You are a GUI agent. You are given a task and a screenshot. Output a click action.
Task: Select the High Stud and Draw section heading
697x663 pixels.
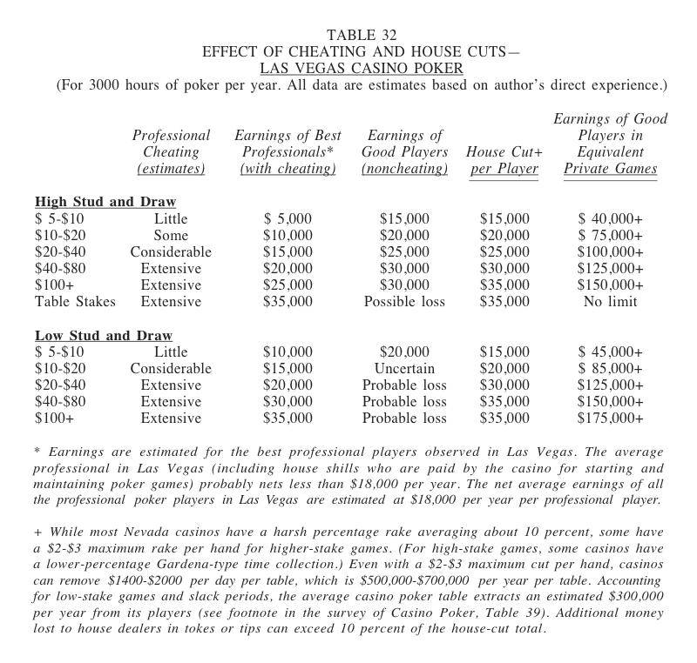click(105, 203)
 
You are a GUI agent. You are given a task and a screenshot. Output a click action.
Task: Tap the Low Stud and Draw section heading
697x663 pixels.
click(104, 336)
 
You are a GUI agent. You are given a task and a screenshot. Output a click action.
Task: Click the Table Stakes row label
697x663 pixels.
click(74, 302)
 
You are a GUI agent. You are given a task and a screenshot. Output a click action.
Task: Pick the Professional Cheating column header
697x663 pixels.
click(171, 151)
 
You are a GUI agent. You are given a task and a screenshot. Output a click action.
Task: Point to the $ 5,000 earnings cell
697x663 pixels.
click(288, 219)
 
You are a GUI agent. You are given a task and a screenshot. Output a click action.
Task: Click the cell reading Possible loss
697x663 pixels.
click(404, 302)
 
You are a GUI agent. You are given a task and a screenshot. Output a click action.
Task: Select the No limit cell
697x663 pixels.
click(610, 302)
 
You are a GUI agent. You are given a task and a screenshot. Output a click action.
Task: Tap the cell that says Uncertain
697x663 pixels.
click(404, 369)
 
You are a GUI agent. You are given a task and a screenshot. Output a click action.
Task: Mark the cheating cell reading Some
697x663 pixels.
click(171, 236)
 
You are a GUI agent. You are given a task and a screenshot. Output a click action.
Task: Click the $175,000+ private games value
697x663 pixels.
click(610, 419)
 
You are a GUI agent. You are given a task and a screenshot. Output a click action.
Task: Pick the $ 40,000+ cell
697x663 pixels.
click(610, 219)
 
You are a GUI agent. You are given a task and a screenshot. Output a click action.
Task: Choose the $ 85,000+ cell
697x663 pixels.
click(610, 369)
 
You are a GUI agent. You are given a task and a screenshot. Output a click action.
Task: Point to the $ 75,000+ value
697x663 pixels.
click(610, 236)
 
